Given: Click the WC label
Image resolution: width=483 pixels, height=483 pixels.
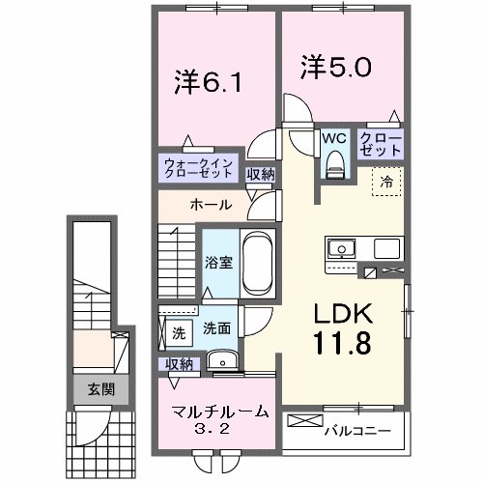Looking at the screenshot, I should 335,138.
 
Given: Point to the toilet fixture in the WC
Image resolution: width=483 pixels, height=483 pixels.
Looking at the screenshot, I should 335,166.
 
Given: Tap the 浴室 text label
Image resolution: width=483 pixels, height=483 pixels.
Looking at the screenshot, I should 217,262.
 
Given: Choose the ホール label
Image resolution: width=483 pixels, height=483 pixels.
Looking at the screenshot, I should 210,205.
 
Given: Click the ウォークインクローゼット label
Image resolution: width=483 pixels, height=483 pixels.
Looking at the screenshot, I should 197,168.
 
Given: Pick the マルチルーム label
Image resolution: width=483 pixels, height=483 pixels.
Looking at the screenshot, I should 220,412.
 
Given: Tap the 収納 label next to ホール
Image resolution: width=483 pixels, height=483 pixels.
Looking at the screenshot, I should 259,174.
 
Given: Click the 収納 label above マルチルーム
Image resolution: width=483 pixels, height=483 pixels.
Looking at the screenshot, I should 178,363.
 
